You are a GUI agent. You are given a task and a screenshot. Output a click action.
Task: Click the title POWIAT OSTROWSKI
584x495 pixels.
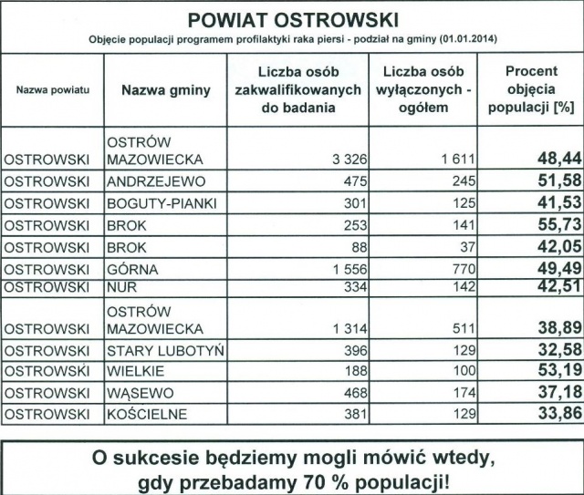(292, 19)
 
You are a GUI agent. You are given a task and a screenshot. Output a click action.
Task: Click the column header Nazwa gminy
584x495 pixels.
(165, 90)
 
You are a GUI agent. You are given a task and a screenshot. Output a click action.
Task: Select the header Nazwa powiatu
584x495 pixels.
(53, 90)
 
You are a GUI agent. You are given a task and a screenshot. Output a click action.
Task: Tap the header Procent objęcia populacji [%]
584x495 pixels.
(531, 90)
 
